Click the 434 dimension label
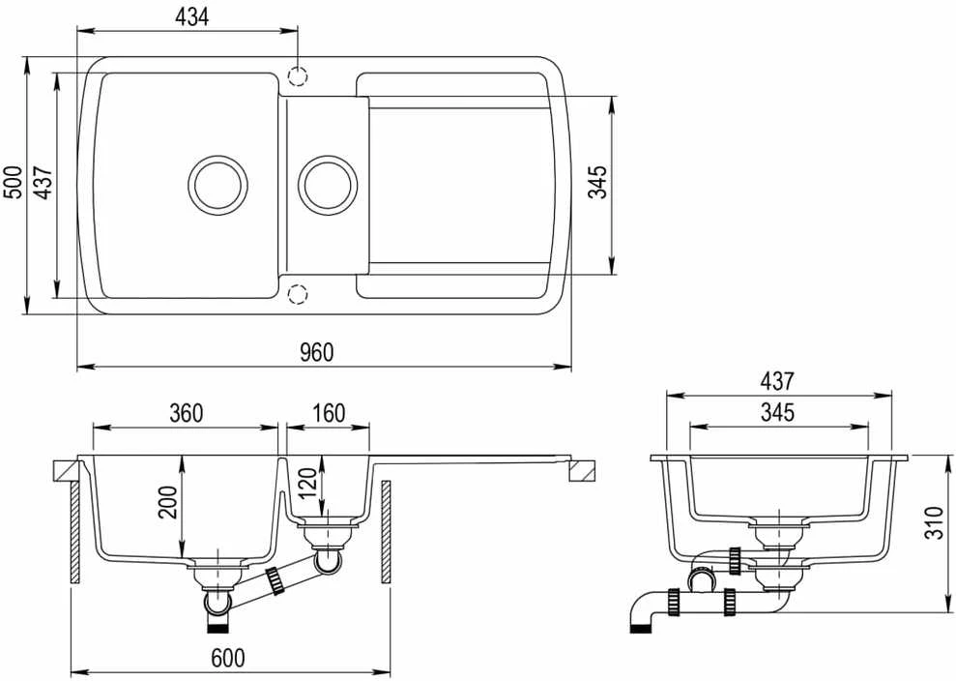point(191,16)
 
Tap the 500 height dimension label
point(13,182)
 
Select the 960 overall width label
point(317,352)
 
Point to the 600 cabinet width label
point(228,658)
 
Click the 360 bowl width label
point(186,413)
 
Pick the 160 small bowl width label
point(329,413)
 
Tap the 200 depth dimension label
point(167,502)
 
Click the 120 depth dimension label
point(308,482)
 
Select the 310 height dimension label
point(934,522)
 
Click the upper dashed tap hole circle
point(297,76)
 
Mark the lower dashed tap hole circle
point(297,294)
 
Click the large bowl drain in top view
point(217,186)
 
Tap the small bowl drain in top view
point(328,186)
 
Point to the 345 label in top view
point(597,182)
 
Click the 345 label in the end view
point(777,412)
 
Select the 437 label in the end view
point(777,381)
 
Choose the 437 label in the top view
point(43,182)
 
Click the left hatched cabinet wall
point(75,531)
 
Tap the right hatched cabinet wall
point(386,531)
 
